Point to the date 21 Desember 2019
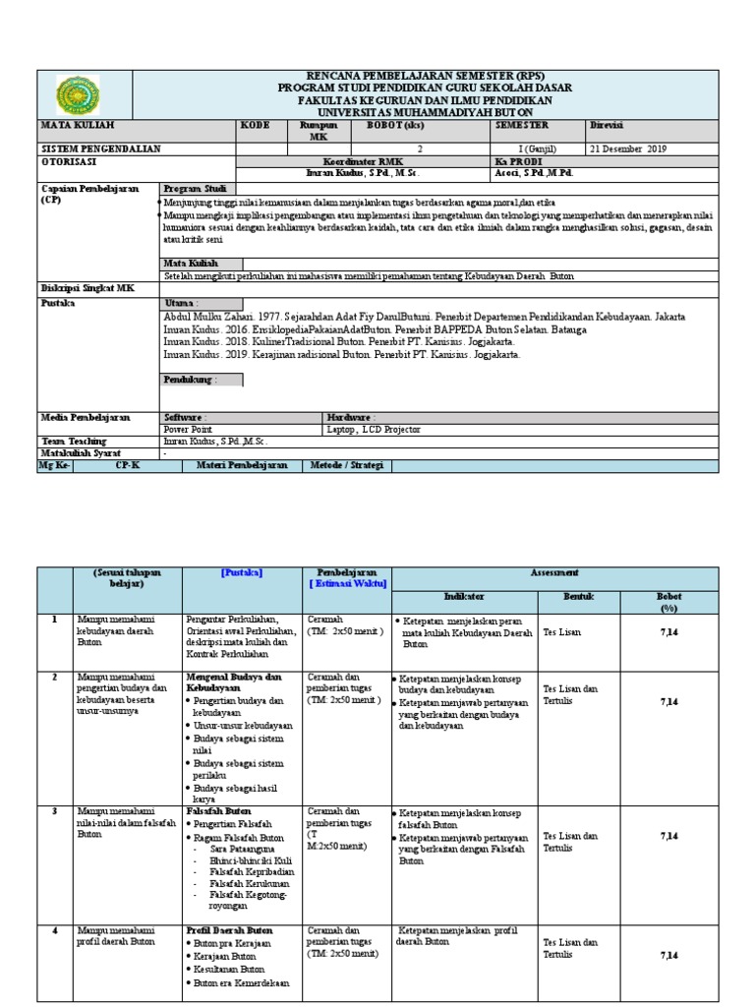[x=628, y=149]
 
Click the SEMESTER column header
[x=523, y=126]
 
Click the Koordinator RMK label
[x=365, y=160]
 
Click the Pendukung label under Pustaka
[x=191, y=379]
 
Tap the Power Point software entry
[x=191, y=429]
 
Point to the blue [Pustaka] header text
[x=242, y=572]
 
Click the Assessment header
[x=554, y=572]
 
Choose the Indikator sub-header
[x=464, y=596]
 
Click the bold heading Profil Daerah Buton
[x=229, y=929]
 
